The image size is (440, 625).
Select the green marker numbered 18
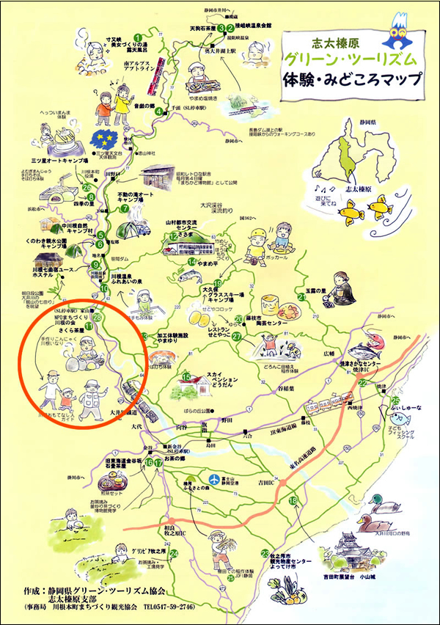(294, 501)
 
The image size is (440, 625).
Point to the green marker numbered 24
(174, 554)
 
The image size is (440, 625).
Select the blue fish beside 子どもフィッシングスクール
(408, 420)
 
